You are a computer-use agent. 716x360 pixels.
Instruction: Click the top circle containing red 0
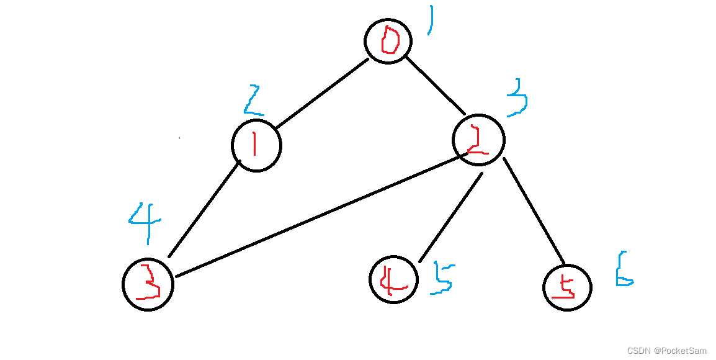388,41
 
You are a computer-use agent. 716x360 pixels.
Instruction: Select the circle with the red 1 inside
256,146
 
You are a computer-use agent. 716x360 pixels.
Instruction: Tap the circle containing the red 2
478,140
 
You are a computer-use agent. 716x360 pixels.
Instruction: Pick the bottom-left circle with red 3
148,284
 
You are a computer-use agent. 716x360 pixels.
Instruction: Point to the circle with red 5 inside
567,287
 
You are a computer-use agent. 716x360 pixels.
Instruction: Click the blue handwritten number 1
430,20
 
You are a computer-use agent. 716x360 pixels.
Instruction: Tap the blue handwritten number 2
253,101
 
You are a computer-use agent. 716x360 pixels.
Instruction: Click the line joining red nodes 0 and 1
322,94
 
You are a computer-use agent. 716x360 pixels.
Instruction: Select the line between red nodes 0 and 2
435,85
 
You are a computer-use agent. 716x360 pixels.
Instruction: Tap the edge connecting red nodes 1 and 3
205,208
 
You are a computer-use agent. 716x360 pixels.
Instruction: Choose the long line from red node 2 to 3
316,218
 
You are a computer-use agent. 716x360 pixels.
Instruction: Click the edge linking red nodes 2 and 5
534,211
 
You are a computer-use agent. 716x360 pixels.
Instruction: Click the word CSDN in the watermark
639,351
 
